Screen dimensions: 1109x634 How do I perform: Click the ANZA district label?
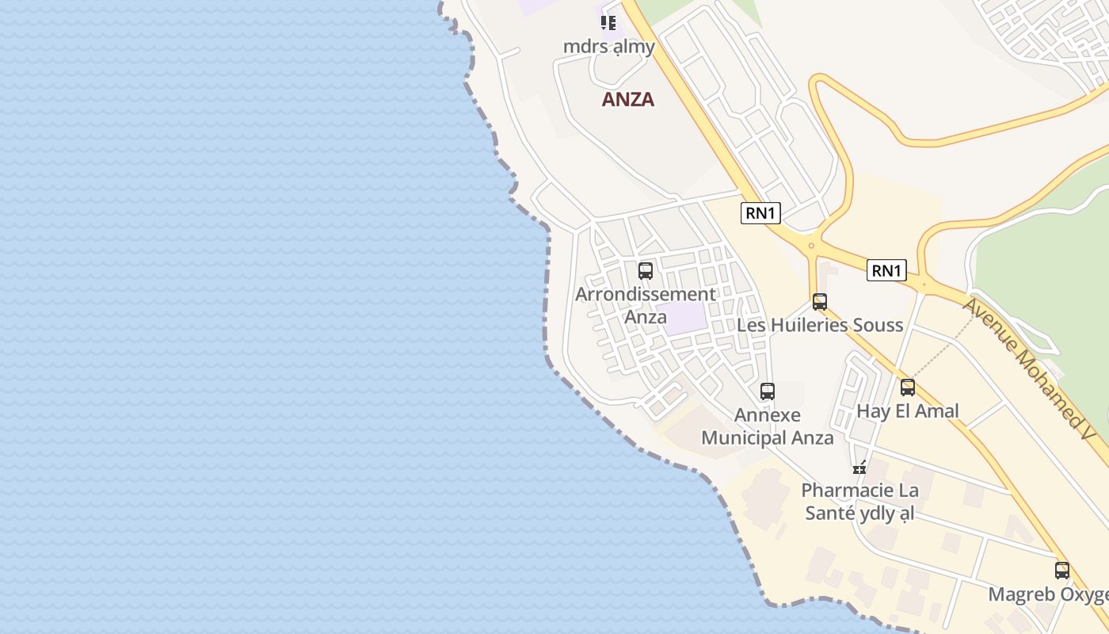[628, 100]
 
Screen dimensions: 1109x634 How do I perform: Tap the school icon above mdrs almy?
[608, 23]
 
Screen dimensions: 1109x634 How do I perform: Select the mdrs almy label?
[609, 47]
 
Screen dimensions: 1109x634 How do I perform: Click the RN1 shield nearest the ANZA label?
[760, 213]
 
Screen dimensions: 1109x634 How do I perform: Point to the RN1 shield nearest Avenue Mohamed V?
[886, 270]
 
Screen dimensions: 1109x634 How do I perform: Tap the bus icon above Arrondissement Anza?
[646, 271]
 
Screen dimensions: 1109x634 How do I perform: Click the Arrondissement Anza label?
[646, 305]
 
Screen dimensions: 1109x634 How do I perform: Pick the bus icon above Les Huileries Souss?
[820, 302]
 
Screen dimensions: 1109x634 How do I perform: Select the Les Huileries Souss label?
[820, 325]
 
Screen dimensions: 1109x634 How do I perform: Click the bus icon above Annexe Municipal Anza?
[768, 391]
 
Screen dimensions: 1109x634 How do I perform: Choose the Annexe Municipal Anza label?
[768, 426]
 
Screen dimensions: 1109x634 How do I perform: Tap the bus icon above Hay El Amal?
[908, 388]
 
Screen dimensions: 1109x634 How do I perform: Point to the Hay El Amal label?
[908, 411]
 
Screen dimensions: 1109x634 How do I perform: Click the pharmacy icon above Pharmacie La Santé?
[859, 468]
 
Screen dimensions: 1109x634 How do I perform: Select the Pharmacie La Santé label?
[859, 502]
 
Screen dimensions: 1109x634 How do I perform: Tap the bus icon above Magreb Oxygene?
[1062, 571]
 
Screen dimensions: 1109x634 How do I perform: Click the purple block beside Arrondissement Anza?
[686, 319]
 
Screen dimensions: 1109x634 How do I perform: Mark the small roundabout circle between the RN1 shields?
[811, 246]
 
